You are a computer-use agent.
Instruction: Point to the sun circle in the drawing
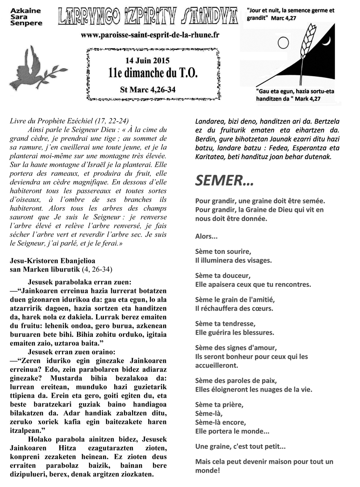pyautogui.click(x=283, y=42)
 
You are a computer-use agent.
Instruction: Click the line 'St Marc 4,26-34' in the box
pyautogui.click(x=148, y=89)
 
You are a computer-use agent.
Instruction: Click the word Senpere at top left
pyautogui.click(x=26, y=23)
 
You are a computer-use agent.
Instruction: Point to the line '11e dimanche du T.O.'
pyautogui.click(x=152, y=74)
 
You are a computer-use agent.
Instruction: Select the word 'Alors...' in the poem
pyautogui.click(x=207, y=236)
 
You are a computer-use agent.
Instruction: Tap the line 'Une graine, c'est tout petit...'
pyautogui.click(x=241, y=446)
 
